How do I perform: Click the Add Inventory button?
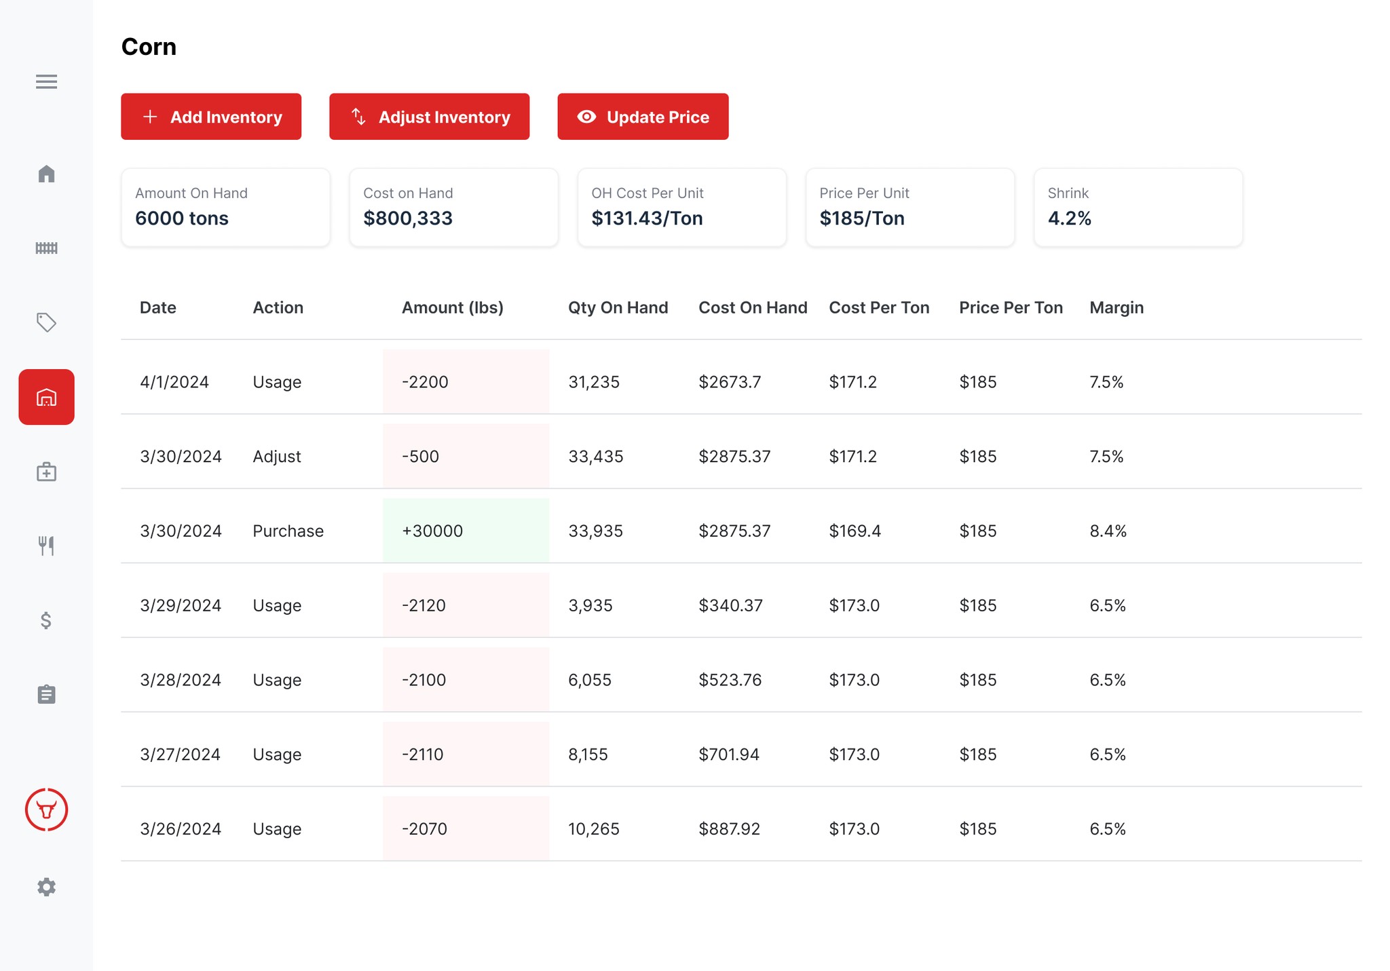211,117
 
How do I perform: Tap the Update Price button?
643,117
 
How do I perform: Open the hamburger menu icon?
46,81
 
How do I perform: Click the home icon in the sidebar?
46,174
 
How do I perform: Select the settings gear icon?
46,887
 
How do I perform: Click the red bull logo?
46,810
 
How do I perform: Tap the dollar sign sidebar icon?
46,620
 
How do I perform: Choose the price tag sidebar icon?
46,322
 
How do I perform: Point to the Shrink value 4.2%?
1070,218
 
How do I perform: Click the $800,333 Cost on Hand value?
408,218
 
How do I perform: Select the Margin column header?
1116,307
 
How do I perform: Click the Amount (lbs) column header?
453,307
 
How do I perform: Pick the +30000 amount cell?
432,531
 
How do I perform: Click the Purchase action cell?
288,531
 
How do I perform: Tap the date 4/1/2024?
174,382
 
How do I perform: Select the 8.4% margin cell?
1108,531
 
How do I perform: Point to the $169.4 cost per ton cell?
855,531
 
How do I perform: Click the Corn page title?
149,47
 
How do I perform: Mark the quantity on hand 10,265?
594,829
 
